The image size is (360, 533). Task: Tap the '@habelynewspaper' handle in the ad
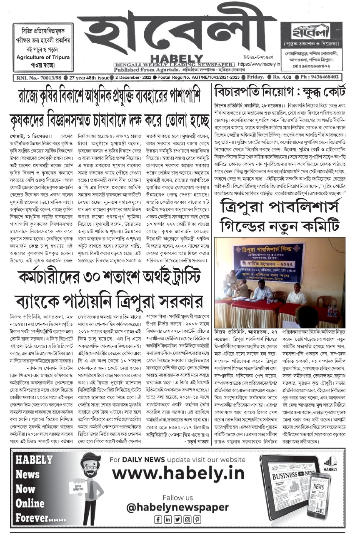[177, 507]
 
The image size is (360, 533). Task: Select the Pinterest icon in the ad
[197, 519]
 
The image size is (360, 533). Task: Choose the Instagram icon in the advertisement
[187, 519]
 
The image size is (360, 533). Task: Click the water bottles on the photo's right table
[332, 310]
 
